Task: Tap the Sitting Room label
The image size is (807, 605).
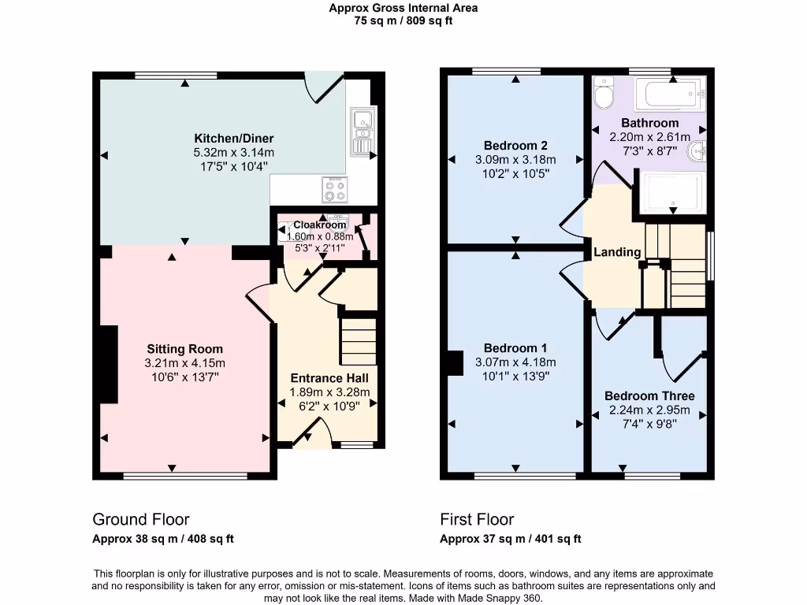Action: [x=184, y=349]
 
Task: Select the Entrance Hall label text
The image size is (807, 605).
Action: [x=330, y=378]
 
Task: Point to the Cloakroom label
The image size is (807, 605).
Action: [x=320, y=225]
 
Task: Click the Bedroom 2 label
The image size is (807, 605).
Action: [x=515, y=146]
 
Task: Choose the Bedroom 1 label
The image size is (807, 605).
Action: [x=515, y=348]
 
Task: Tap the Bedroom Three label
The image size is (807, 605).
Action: [x=649, y=395]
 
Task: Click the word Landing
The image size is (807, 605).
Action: [x=617, y=252]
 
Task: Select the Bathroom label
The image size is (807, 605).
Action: [x=649, y=123]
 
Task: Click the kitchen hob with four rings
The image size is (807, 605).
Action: [x=334, y=190]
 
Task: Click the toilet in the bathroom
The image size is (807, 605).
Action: [x=604, y=94]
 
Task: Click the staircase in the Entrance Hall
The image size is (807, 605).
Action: [x=359, y=340]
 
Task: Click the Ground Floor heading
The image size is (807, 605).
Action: [x=141, y=519]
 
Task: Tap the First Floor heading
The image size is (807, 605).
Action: [x=477, y=519]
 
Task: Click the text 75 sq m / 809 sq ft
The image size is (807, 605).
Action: [x=403, y=21]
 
